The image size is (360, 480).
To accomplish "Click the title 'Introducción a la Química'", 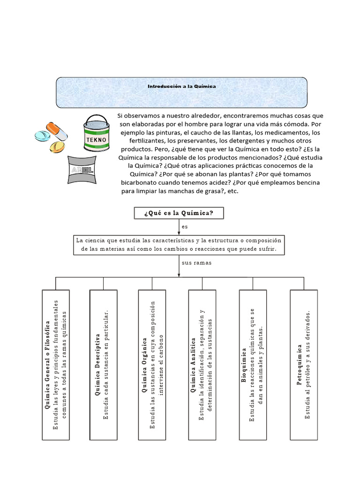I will pos(182,87).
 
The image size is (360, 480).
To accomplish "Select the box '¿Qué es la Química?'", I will pos(179,213).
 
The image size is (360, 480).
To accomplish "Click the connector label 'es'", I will pos(185,226).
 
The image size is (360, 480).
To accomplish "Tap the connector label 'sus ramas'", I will pos(196,262).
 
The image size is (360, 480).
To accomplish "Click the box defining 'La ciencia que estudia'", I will pos(180,245).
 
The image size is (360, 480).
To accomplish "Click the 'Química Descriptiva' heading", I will pos(97,365).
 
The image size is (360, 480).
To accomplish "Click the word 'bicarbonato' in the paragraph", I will pos(139,183).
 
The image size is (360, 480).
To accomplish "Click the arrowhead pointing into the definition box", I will pos(179,233).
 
